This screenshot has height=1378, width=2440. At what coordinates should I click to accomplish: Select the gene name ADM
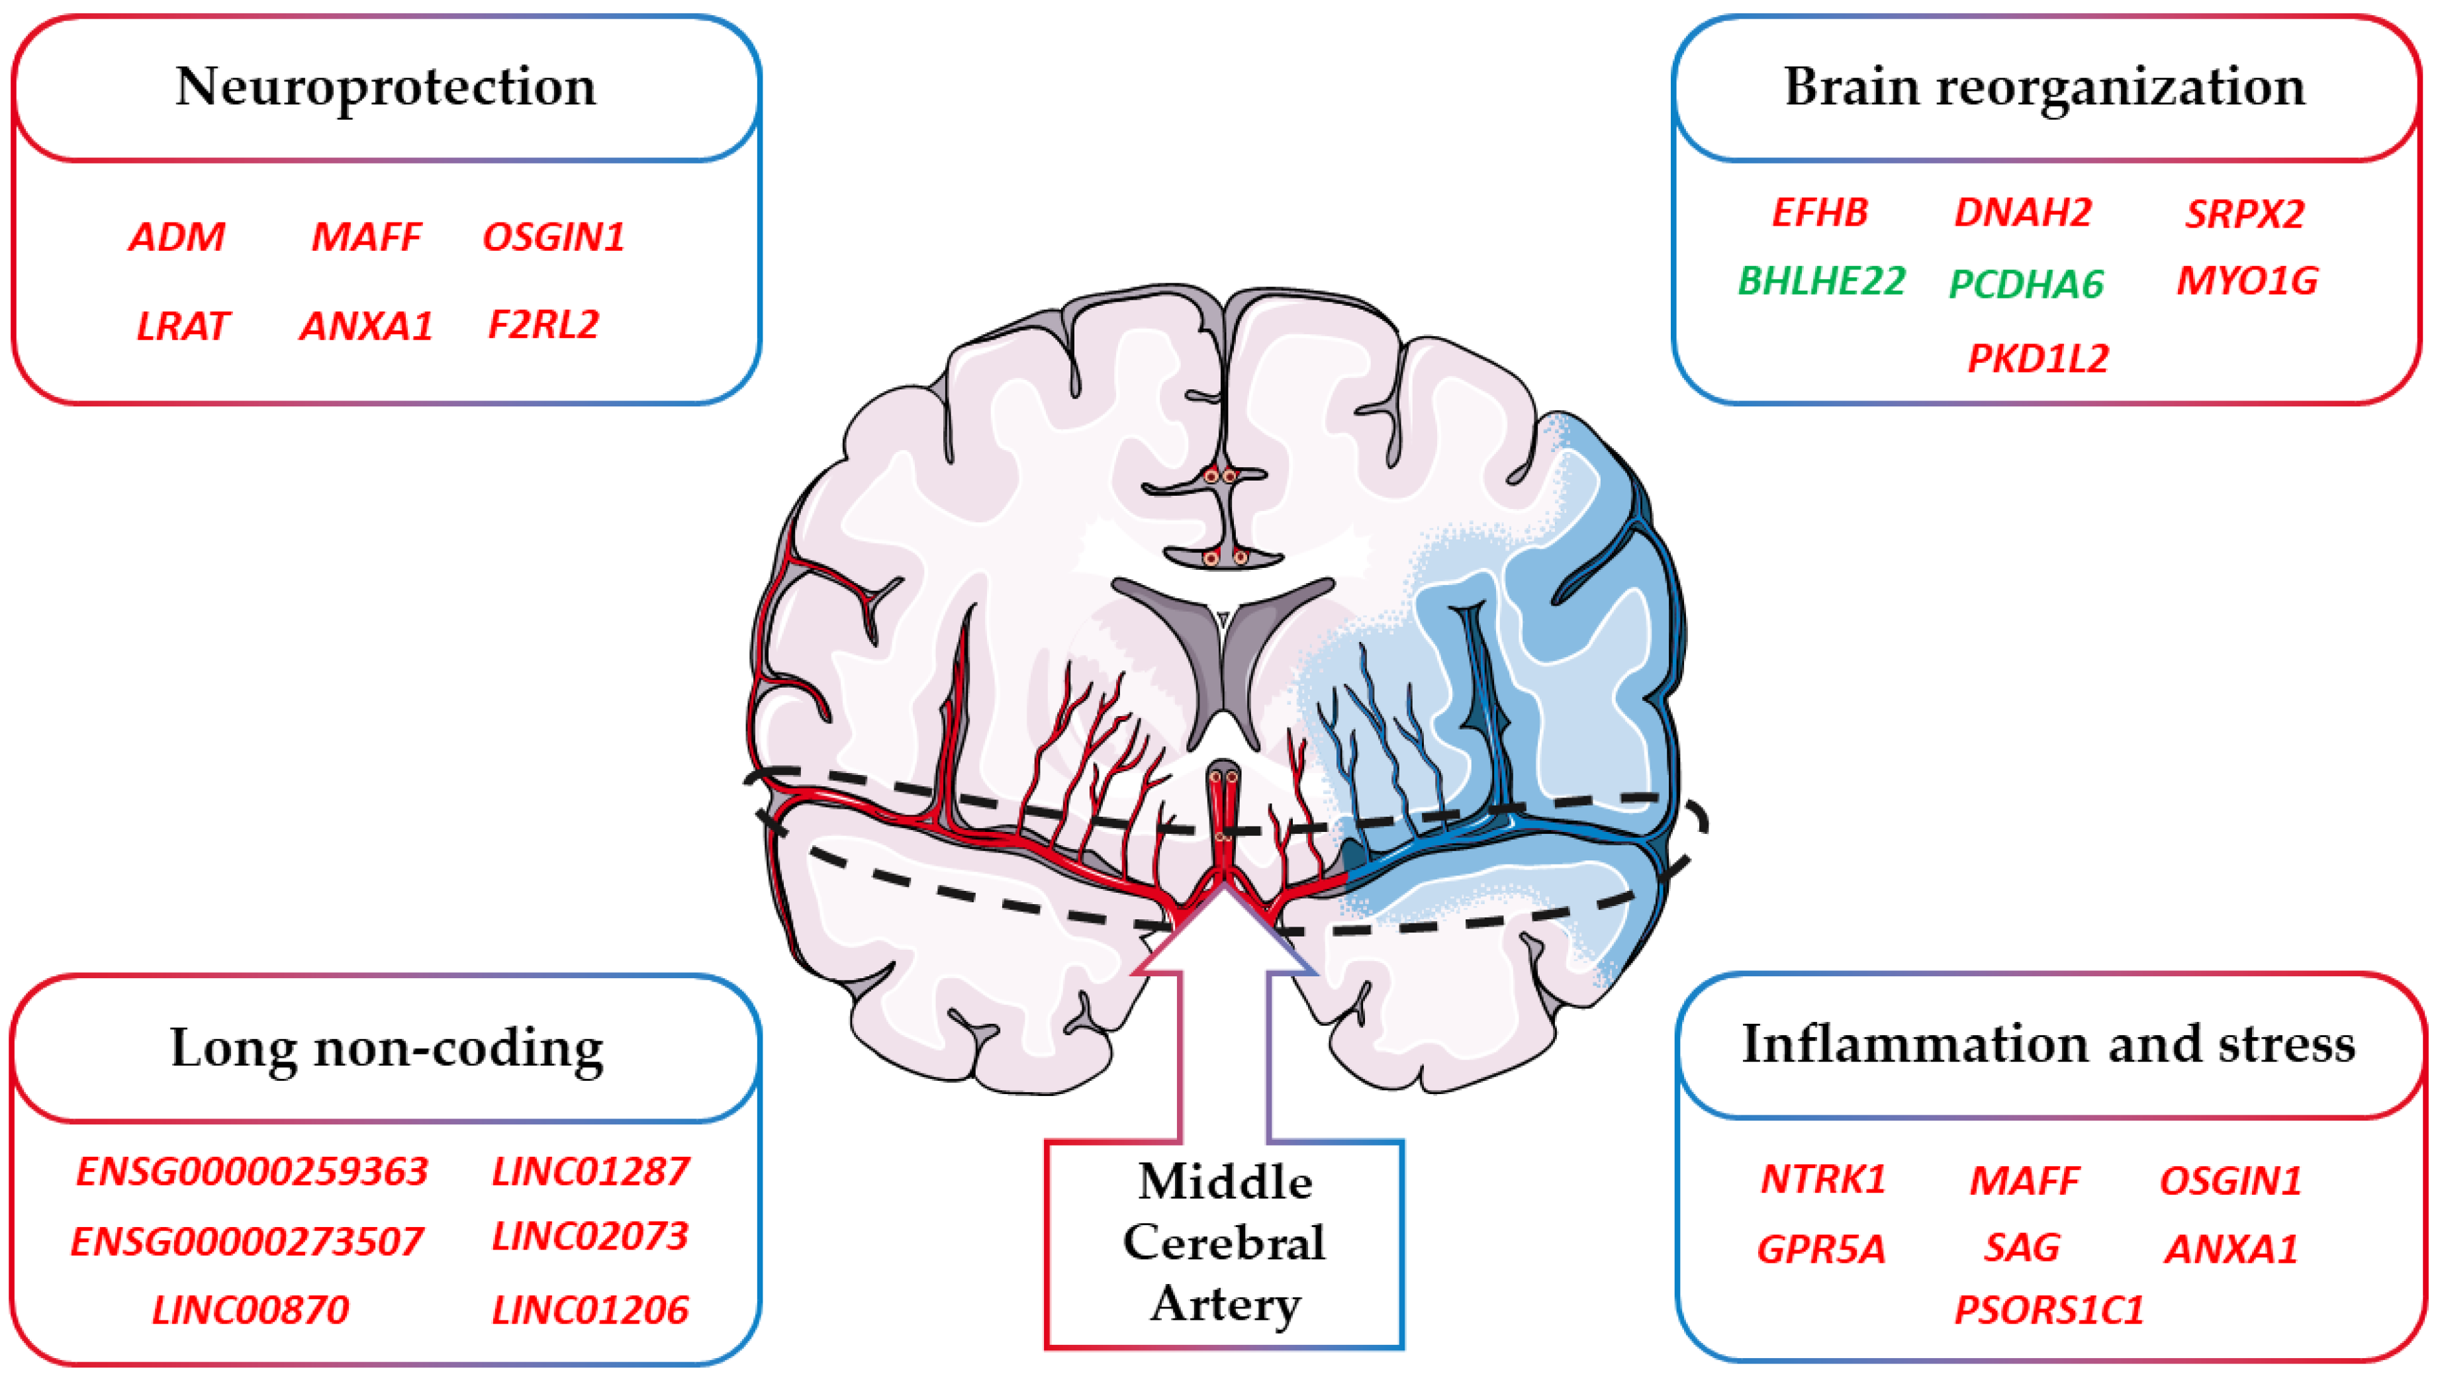tap(177, 237)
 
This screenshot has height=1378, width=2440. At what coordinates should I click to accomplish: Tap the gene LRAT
tap(182, 326)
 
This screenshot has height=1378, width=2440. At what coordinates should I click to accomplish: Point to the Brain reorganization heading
tap(2044, 87)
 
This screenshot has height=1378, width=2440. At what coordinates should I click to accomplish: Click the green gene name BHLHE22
tap(1820, 281)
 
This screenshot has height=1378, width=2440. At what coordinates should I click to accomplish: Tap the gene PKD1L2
tap(2038, 358)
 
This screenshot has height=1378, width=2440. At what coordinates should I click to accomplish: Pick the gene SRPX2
tap(2244, 214)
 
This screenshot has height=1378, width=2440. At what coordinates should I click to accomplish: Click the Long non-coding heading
tap(387, 1048)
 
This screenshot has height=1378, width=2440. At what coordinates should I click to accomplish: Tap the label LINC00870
tap(250, 1310)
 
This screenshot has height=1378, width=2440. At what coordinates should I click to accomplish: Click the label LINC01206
tap(589, 1310)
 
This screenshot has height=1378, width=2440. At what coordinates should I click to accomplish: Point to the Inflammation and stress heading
tap(2048, 1044)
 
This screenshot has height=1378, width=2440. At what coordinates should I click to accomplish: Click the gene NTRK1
tap(1822, 1179)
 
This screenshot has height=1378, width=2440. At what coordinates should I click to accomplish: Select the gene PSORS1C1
tap(2048, 1310)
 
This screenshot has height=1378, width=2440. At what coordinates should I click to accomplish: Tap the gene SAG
tap(2022, 1248)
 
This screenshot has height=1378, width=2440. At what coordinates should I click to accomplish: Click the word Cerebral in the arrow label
tap(1224, 1242)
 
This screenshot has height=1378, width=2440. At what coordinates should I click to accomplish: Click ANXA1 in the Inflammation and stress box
tap(2231, 1249)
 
